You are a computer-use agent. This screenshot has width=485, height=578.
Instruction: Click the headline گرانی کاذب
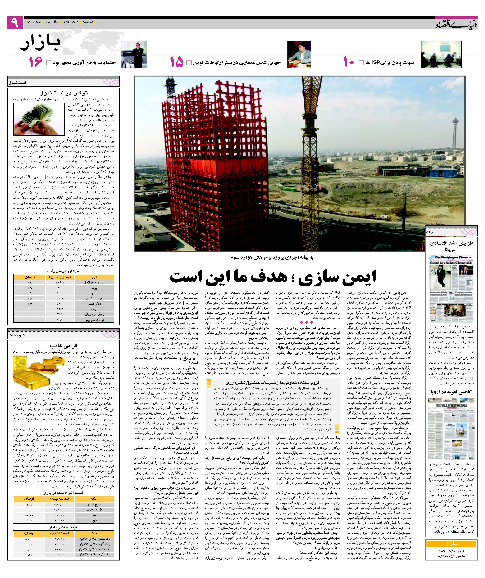click(x=64, y=345)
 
